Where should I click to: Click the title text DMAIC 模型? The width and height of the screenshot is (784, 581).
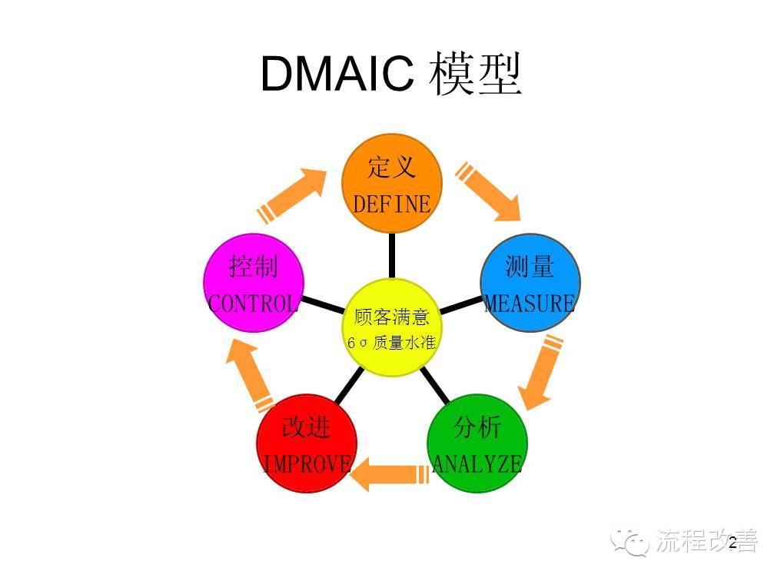point(391,74)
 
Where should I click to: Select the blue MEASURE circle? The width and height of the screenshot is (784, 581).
point(530,283)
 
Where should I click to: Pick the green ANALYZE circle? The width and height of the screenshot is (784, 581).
point(477,443)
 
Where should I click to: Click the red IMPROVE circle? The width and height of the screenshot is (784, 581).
point(307,443)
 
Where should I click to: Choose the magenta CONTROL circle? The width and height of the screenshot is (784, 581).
point(254,283)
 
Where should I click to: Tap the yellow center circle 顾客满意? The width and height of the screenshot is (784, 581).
point(392,328)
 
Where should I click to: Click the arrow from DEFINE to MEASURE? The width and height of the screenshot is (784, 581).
point(490,191)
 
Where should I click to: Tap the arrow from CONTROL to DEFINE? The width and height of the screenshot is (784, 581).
point(297,192)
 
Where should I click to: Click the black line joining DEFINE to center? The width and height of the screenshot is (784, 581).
point(392,255)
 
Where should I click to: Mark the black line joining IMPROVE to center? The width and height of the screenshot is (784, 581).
point(350,387)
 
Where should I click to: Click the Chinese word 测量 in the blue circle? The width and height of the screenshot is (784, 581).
point(530,267)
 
